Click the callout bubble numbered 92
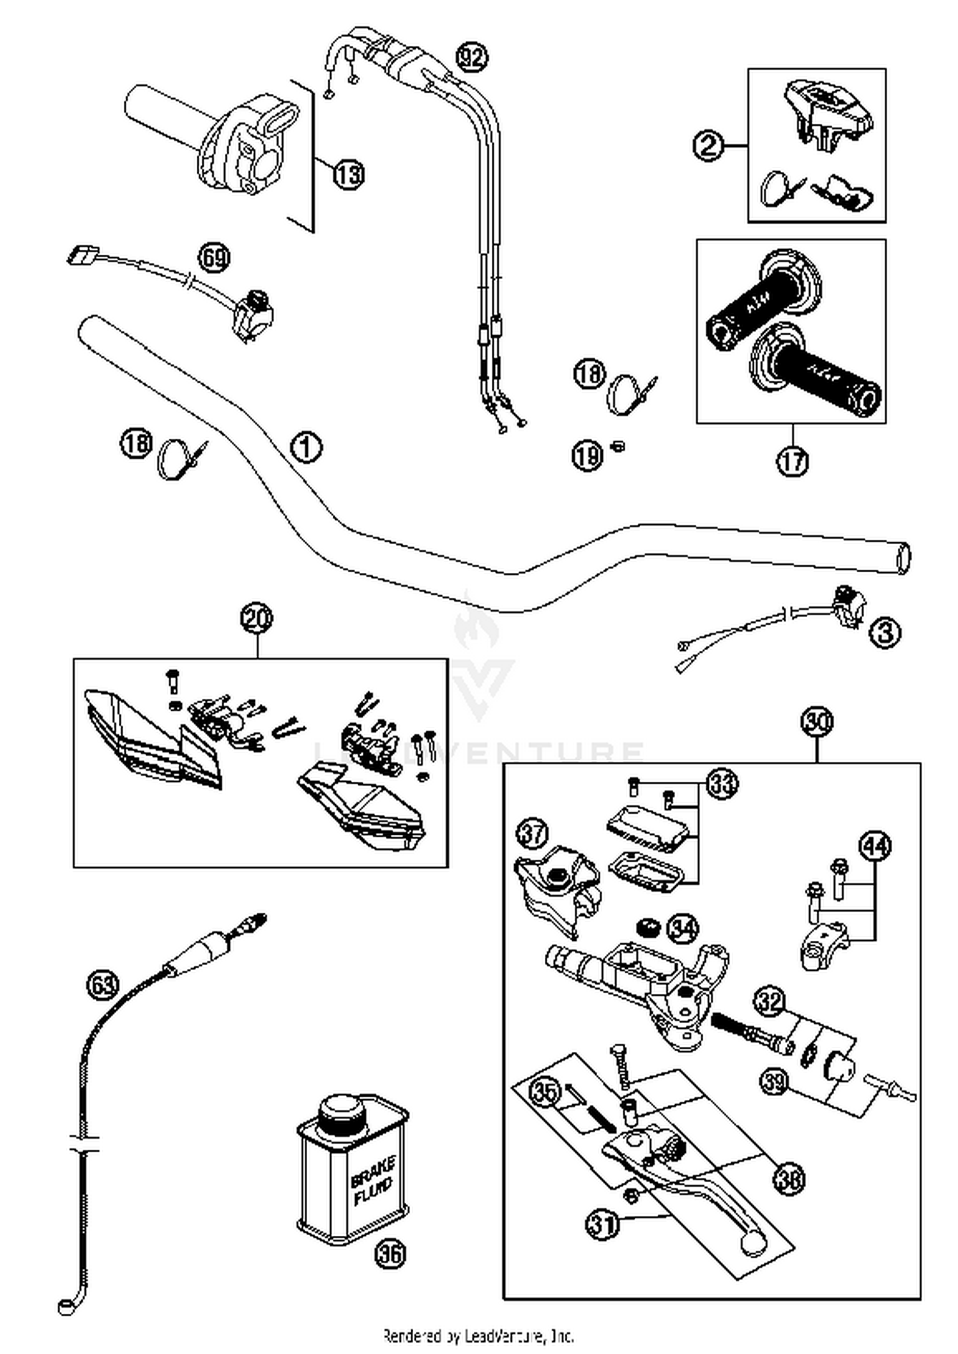coord(472,57)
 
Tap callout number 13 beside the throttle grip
coord(349,174)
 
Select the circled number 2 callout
coord(708,146)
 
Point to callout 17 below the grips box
coord(792,460)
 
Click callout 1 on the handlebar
coord(306,447)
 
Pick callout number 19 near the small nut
coord(587,455)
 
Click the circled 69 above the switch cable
coord(214,258)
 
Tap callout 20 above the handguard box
coord(257,618)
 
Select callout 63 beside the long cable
coord(102,985)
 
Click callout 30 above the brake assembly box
coord(817,722)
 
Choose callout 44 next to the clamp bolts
coord(875,846)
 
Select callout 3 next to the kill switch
coord(885,633)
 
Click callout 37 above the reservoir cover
coord(533,833)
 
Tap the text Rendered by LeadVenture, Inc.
coord(478,1335)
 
